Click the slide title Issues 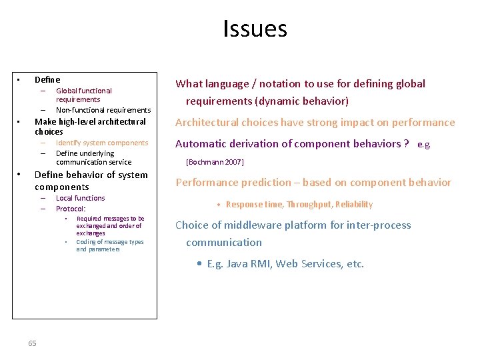[255, 29]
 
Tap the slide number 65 [33, 343]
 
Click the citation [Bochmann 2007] [215, 162]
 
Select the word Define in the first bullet [47, 79]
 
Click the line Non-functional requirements [103, 110]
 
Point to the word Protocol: [71, 209]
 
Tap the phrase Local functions [81, 198]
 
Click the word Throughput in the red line [310, 205]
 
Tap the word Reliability [354, 205]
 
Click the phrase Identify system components [102, 143]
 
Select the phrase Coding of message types [110, 242]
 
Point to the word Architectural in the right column [206, 123]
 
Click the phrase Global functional [84, 91]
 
